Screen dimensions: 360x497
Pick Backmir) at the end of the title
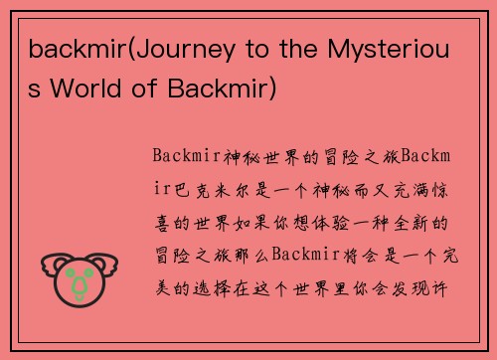(229, 90)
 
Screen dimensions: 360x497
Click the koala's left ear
(50, 265)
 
